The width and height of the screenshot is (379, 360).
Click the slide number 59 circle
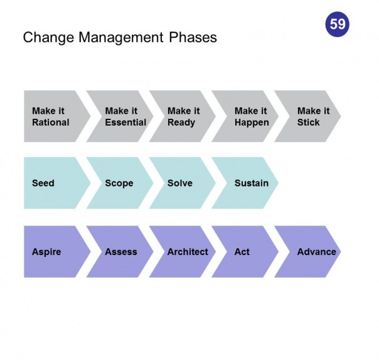coord(338,25)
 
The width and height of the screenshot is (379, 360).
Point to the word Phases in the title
coord(193,38)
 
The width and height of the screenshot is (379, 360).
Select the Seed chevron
coord(53,183)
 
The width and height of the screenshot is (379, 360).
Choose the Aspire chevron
coord(53,252)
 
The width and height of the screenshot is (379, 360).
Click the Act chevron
coord(243,252)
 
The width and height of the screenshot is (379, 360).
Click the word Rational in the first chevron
coord(51,123)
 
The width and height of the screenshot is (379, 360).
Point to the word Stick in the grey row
coord(309,123)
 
